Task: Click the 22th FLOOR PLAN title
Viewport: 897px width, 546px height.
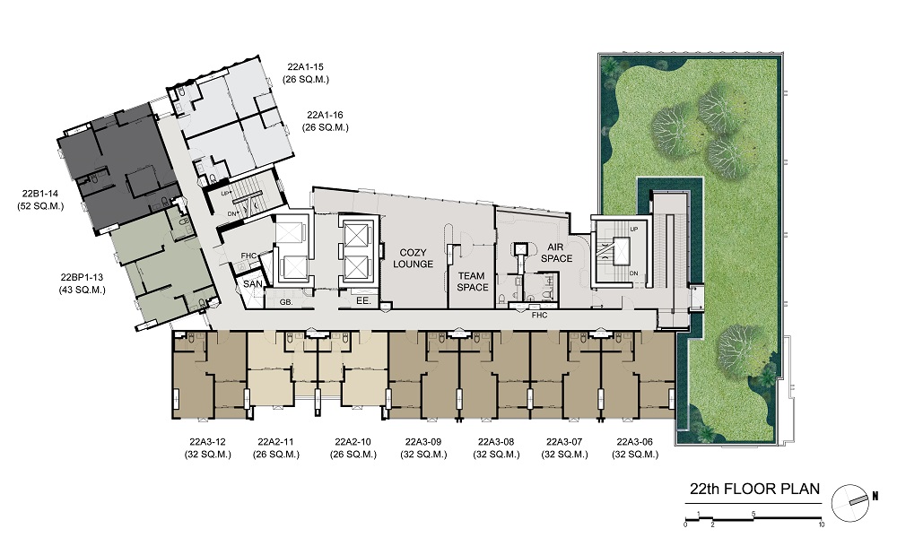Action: [754, 489]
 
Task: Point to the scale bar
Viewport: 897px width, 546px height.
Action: [753, 518]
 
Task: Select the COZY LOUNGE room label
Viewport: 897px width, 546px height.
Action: [413, 258]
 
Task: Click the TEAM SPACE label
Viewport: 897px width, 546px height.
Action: [473, 282]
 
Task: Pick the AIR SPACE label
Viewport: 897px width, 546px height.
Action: [556, 253]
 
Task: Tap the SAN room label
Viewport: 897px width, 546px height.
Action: [252, 283]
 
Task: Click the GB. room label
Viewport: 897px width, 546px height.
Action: [286, 302]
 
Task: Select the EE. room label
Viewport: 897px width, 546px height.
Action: [363, 300]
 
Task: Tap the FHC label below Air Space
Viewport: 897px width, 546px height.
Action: [539, 315]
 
